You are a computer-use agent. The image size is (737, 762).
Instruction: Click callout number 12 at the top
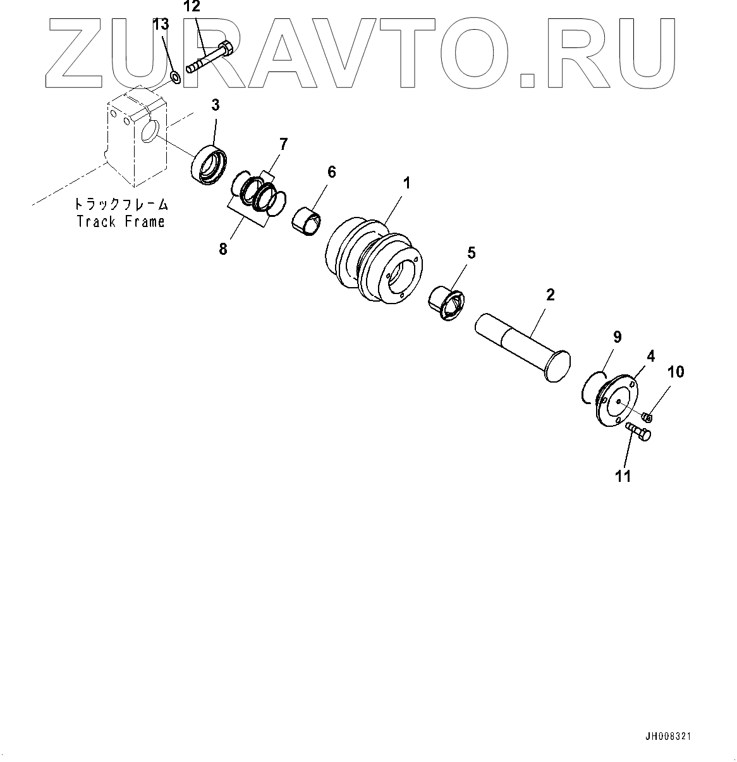coord(192,8)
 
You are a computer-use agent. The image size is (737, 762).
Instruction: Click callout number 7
coord(283,144)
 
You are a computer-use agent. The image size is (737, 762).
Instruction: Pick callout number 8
coord(222,249)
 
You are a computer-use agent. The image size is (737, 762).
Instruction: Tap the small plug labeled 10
coord(647,417)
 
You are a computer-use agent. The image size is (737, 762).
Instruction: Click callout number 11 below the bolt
coord(623,477)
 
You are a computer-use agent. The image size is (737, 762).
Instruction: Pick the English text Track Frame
coord(120,221)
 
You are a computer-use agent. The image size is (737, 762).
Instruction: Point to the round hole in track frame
coord(150,133)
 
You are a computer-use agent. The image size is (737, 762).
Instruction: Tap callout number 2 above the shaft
coord(550,295)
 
